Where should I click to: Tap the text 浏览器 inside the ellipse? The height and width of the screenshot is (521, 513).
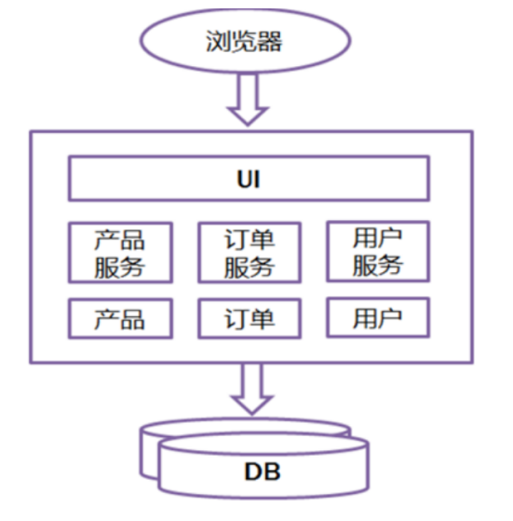pyautogui.click(x=244, y=41)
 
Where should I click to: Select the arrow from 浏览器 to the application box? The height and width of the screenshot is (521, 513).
pyautogui.click(x=248, y=99)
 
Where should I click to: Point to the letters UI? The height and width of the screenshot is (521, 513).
pyautogui.click(x=249, y=179)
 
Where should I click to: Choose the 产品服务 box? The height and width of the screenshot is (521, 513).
pyautogui.click(x=120, y=253)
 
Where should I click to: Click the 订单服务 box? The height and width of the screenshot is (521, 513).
pyautogui.click(x=250, y=253)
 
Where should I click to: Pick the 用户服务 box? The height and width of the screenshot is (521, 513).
pyautogui.click(x=378, y=252)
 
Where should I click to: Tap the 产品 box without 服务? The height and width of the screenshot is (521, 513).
pyautogui.click(x=120, y=319)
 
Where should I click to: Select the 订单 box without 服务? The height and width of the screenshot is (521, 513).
pyautogui.click(x=250, y=319)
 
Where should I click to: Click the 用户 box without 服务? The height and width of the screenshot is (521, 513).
pyautogui.click(x=378, y=318)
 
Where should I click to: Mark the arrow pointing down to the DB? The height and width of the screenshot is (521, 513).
pyautogui.click(x=252, y=389)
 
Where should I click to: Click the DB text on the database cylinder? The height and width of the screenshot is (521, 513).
pyautogui.click(x=263, y=472)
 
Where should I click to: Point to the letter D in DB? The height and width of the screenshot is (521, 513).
pyautogui.click(x=253, y=472)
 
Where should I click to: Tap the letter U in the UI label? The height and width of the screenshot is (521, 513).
pyautogui.click(x=245, y=179)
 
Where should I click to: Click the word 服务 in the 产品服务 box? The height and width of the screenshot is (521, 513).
pyautogui.click(x=120, y=267)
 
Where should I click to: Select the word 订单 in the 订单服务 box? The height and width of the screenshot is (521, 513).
pyautogui.click(x=250, y=240)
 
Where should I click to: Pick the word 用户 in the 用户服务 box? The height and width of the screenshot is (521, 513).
pyautogui.click(x=378, y=238)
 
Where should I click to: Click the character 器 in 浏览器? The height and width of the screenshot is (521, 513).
pyautogui.click(x=269, y=41)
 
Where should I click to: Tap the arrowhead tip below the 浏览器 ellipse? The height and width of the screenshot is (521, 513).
pyautogui.click(x=248, y=126)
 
